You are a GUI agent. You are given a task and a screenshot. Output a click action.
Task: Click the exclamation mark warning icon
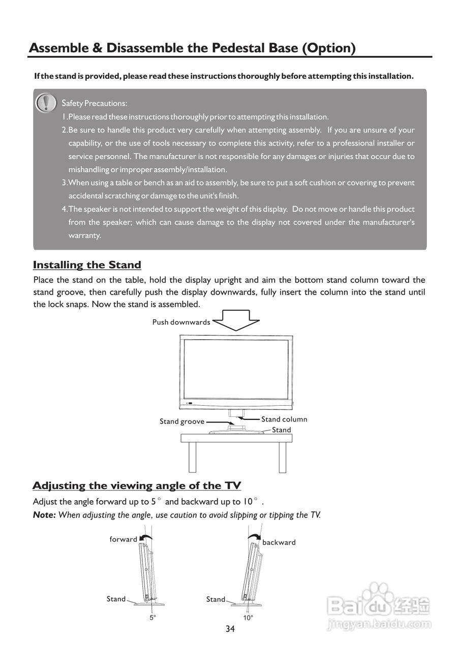[x=46, y=103]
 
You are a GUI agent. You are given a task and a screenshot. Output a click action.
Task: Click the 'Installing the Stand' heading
[x=87, y=265]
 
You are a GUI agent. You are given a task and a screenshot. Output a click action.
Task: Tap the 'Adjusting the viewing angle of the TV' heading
[x=137, y=485]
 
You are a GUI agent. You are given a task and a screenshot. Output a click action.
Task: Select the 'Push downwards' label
[x=181, y=322]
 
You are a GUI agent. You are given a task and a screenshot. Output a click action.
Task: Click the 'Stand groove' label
[x=182, y=421]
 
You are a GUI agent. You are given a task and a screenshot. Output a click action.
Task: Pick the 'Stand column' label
[x=284, y=419]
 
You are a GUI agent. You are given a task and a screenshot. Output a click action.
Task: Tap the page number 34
[x=230, y=629]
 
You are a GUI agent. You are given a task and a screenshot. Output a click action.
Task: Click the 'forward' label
[x=124, y=539]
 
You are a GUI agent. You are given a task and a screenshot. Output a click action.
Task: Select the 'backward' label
[x=279, y=542]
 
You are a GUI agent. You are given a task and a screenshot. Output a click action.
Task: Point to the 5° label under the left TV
[x=152, y=618]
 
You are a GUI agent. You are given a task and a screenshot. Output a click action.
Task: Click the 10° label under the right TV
[x=248, y=618]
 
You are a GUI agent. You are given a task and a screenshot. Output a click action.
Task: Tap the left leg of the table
[x=193, y=457]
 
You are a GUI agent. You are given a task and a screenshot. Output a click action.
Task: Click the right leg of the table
[x=283, y=457]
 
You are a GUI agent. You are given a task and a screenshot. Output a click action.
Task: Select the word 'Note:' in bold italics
[x=44, y=515]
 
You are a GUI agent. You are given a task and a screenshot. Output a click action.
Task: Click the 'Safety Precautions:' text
[x=95, y=103]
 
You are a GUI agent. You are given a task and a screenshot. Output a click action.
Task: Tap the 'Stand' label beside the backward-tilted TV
[x=216, y=600]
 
